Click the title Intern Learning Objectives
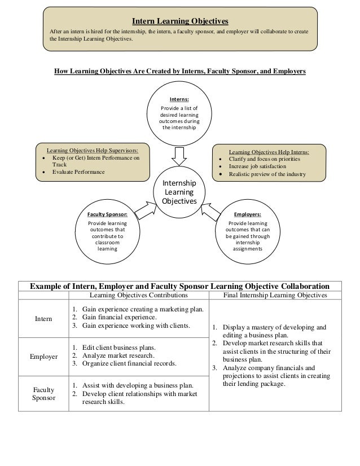tap(179, 21)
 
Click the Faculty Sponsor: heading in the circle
tap(107, 215)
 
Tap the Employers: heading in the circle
tap(248, 215)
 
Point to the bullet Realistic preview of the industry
tap(266, 174)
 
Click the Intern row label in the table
tap(43, 319)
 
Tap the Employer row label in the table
tap(43, 356)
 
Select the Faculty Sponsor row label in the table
tap(43, 393)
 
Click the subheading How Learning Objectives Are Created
tap(179, 72)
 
